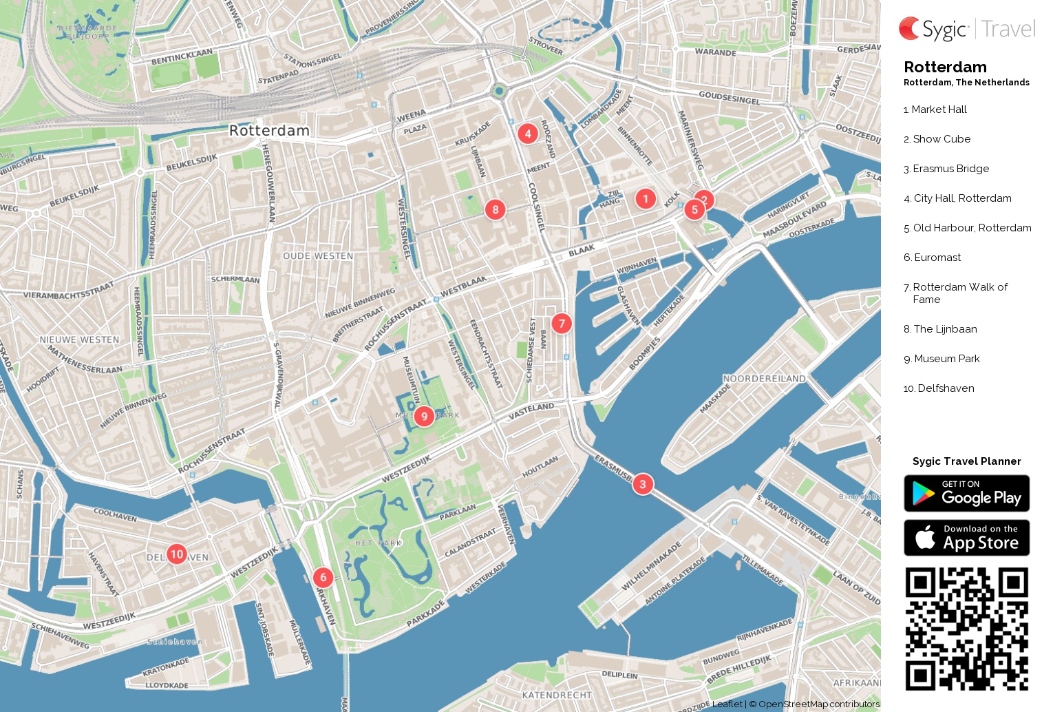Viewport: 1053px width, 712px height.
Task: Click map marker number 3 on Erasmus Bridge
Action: click(643, 484)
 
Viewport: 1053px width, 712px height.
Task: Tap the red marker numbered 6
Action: click(323, 578)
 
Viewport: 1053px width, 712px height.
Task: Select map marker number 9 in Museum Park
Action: click(424, 416)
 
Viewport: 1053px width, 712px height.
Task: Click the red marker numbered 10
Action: click(177, 554)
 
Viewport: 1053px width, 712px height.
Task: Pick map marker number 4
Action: click(528, 134)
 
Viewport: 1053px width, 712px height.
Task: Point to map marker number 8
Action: click(496, 209)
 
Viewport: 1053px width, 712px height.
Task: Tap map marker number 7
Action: click(562, 323)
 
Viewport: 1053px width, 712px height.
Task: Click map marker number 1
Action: click(646, 199)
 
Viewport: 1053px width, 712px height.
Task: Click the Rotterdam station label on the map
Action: click(269, 131)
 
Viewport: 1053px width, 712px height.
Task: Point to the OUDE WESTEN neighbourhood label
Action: click(318, 256)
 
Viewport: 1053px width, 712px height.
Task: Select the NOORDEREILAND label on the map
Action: click(764, 379)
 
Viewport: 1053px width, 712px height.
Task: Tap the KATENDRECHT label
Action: click(557, 695)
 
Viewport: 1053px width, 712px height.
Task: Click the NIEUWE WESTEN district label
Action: click(79, 340)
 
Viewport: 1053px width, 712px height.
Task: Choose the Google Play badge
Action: click(966, 494)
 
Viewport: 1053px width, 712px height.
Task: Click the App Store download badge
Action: click(966, 538)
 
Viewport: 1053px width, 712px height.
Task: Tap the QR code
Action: click(966, 629)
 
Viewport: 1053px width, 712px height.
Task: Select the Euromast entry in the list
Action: click(937, 258)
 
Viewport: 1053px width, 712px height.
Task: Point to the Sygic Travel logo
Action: click(966, 29)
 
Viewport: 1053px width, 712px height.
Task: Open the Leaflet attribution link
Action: click(727, 704)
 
